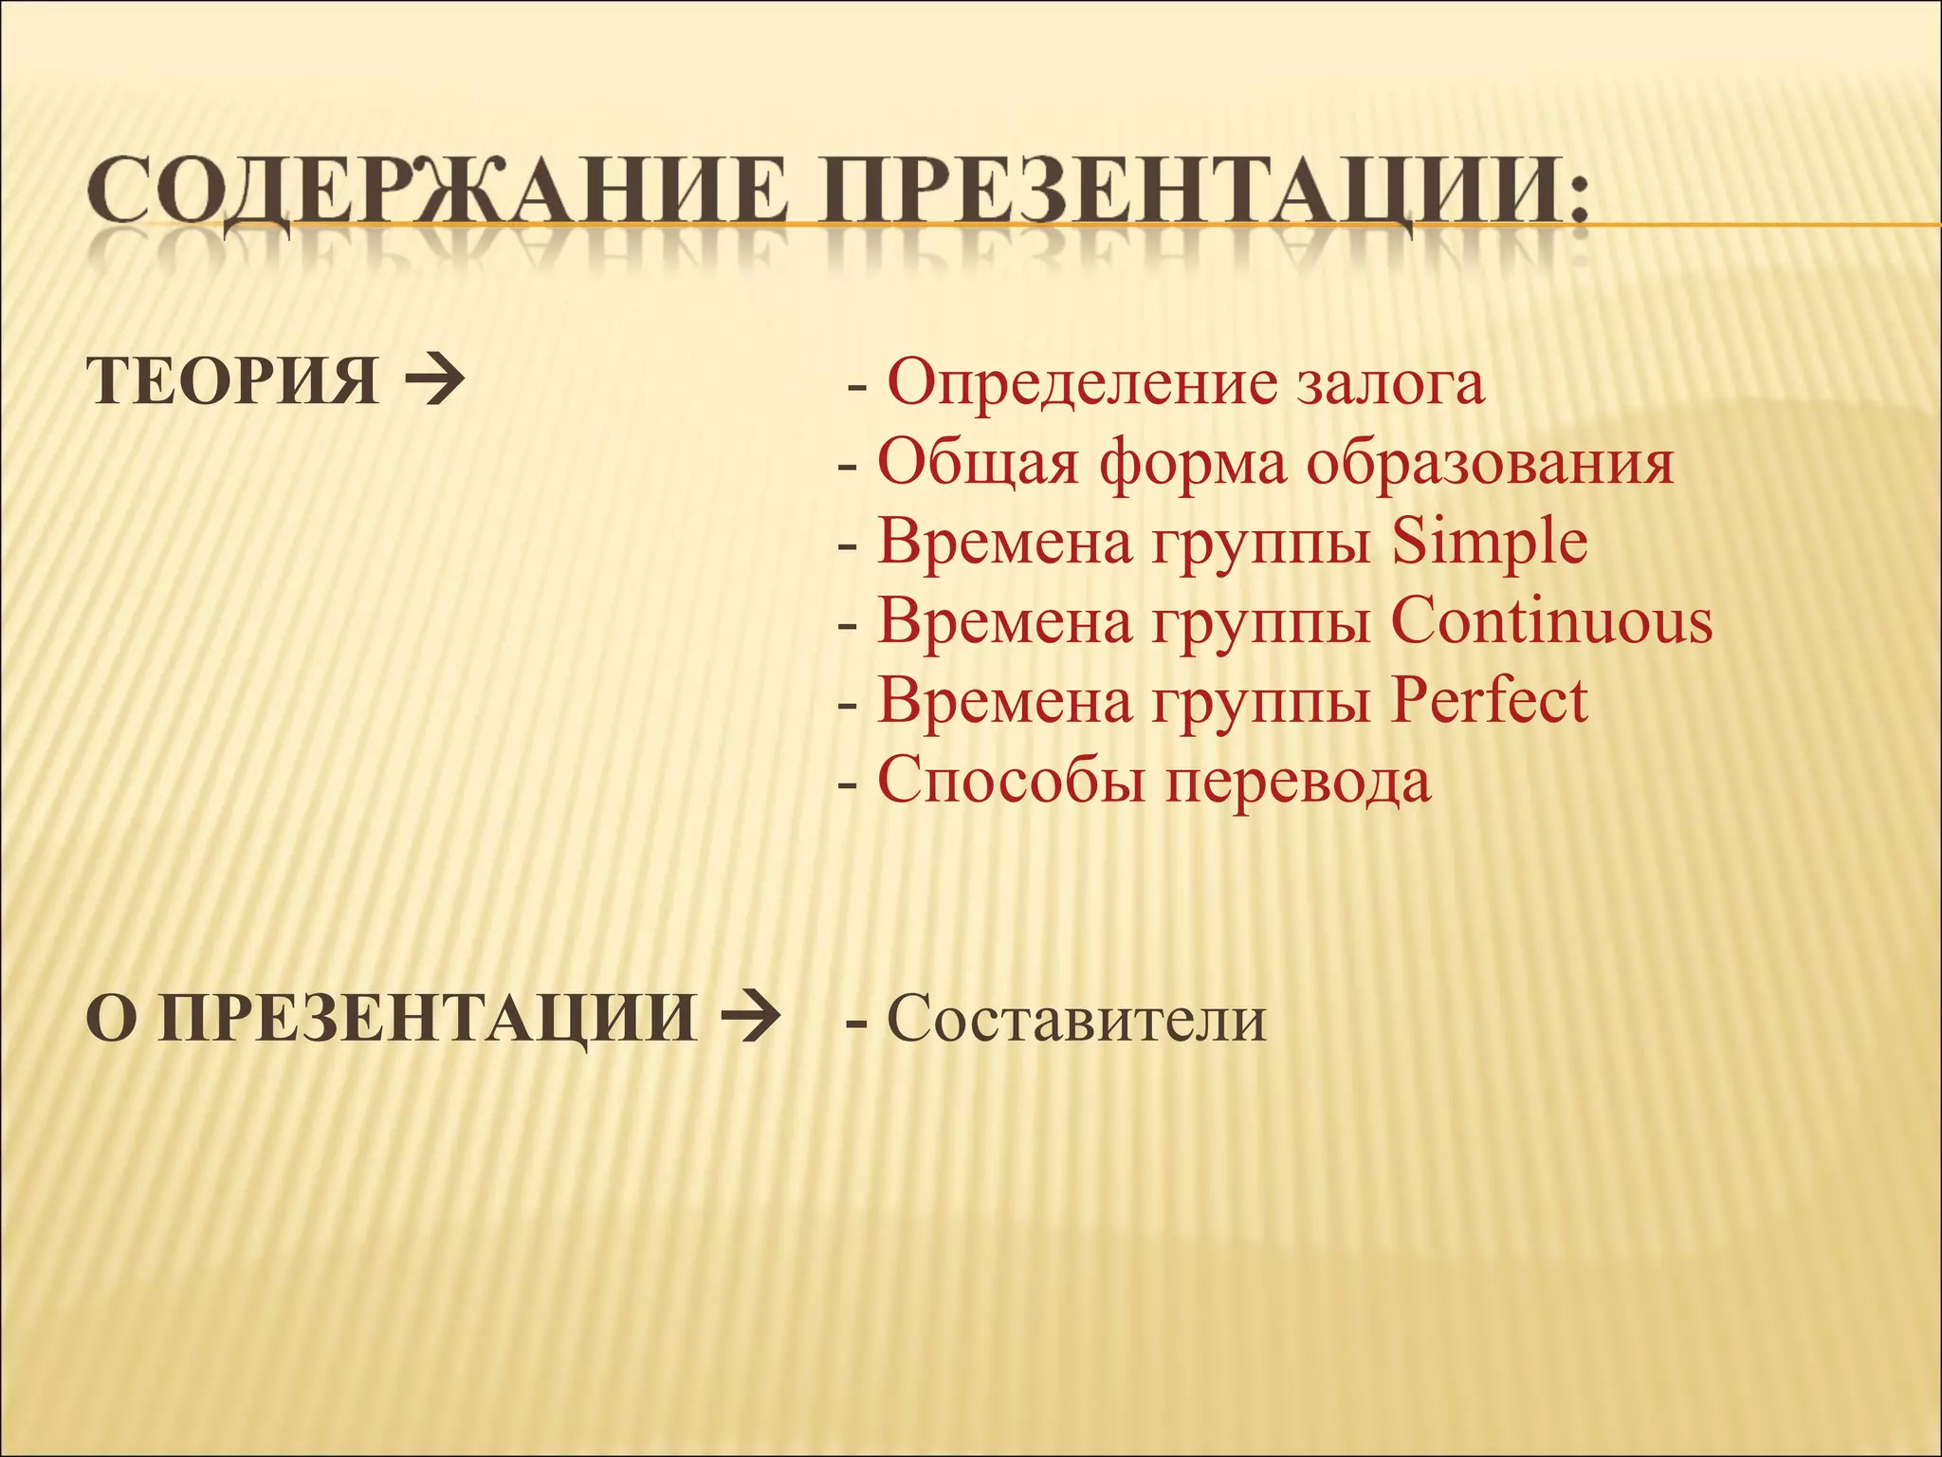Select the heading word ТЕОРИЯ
233,381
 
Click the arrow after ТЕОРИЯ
434,381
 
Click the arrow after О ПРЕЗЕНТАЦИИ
750,1019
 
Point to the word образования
1490,463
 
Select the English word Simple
1490,543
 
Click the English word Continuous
1551,622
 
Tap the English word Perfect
1489,702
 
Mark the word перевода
1298,782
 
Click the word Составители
1076,1019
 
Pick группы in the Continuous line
1262,622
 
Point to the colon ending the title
1577,199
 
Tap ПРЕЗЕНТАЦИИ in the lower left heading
427,1019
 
